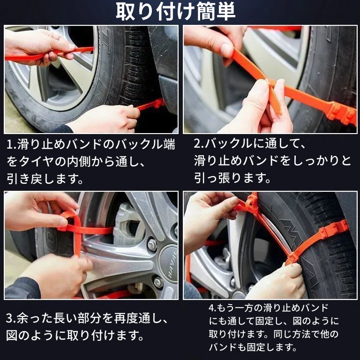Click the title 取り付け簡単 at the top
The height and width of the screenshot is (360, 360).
click(176, 11)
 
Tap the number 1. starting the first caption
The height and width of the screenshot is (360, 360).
click(11, 145)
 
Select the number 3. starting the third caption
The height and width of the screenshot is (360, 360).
click(11, 319)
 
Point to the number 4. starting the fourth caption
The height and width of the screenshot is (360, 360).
click(212, 308)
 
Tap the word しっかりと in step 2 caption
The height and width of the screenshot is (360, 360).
click(320, 160)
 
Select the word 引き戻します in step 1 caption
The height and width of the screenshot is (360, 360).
click(45, 179)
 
